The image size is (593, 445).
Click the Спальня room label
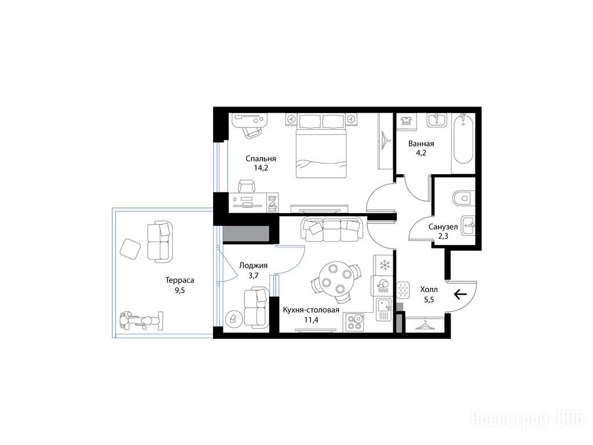pyautogui.click(x=261, y=159)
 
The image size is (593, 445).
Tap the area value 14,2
pyautogui.click(x=261, y=168)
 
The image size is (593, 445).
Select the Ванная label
pyautogui.click(x=421, y=144)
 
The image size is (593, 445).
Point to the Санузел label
pyautogui.click(x=443, y=227)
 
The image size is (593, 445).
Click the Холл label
pyautogui.click(x=429, y=290)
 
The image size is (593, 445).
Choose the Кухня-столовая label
pyautogui.click(x=311, y=311)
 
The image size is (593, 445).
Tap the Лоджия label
pyautogui.click(x=254, y=265)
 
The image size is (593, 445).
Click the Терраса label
pyautogui.click(x=180, y=280)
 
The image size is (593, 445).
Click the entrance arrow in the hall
pyautogui.click(x=460, y=294)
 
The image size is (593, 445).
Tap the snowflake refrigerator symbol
pyautogui.click(x=385, y=264)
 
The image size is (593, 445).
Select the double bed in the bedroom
pyautogui.click(x=321, y=145)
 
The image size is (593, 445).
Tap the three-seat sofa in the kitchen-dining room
pyautogui.click(x=331, y=229)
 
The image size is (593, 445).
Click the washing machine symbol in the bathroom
pyautogui.click(x=406, y=122)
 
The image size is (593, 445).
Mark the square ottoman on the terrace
pyautogui.click(x=130, y=249)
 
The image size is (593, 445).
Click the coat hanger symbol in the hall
pyautogui.click(x=424, y=324)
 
